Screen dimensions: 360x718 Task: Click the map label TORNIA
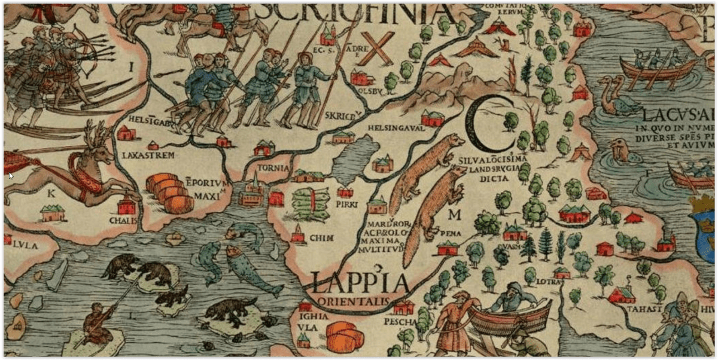(274, 168)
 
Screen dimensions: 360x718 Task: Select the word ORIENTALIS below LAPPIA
(353, 300)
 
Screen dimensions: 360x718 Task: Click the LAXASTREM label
(148, 155)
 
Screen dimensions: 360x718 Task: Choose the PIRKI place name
(346, 205)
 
